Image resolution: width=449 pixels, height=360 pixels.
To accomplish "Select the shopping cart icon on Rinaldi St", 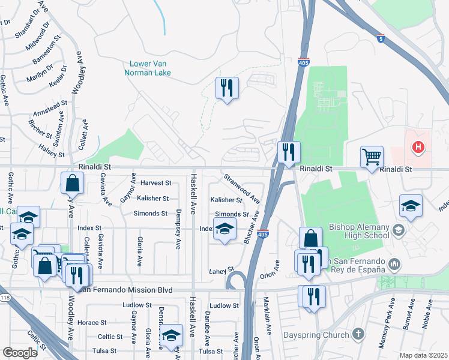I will click(x=372, y=157).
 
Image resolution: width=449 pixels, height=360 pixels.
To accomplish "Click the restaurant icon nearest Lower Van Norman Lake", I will click(x=227, y=88).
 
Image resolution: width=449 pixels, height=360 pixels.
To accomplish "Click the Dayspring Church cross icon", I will click(x=358, y=332).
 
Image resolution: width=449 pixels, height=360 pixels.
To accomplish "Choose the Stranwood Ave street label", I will click(x=241, y=188).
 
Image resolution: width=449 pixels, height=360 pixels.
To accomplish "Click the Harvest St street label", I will click(x=155, y=182).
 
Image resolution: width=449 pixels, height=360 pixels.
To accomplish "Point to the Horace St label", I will click(x=92, y=323).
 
